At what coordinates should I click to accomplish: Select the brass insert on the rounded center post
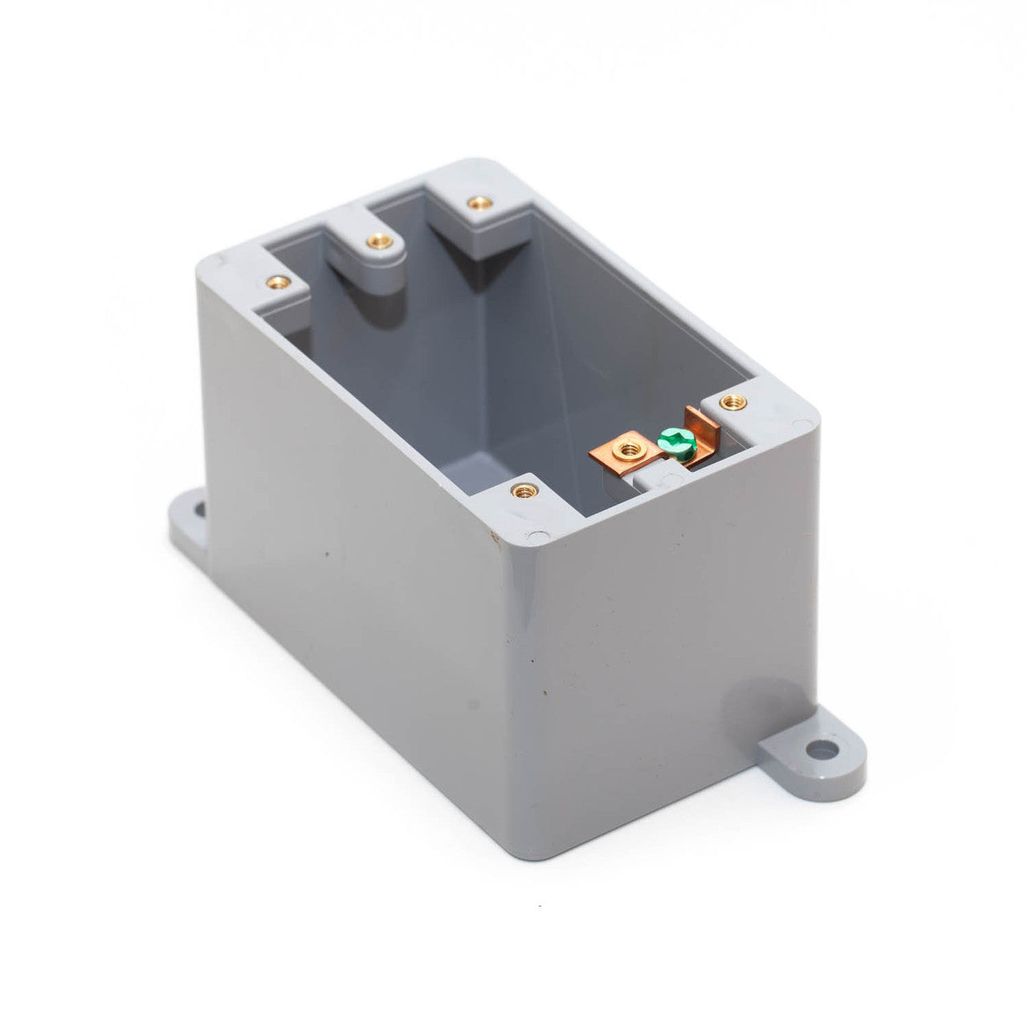click(x=375, y=240)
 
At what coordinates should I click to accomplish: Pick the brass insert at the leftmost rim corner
click(x=278, y=282)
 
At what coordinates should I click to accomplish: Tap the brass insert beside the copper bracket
click(x=730, y=402)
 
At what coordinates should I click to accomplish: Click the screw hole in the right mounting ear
click(x=820, y=752)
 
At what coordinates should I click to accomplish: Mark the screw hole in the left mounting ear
click(x=195, y=508)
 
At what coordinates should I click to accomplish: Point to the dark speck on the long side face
click(x=327, y=555)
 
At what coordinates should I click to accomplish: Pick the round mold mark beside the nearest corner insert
click(x=533, y=533)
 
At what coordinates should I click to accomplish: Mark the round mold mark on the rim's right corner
click(x=801, y=422)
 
